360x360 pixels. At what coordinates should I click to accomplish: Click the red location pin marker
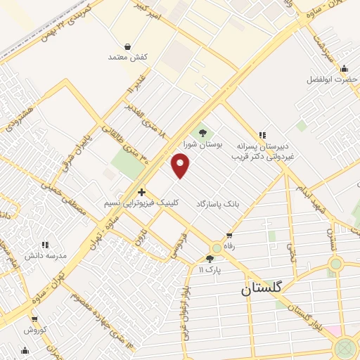(x=181, y=166)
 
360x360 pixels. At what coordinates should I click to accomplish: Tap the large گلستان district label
(x=261, y=288)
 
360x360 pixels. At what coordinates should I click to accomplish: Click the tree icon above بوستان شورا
(x=202, y=133)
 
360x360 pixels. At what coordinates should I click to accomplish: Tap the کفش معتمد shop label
(x=127, y=56)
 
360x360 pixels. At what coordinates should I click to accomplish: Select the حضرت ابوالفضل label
(x=333, y=79)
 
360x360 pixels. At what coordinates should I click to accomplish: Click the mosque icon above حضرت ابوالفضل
(x=344, y=68)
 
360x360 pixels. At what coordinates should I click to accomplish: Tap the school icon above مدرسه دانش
(x=46, y=244)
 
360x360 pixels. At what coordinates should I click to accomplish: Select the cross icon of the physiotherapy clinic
(x=141, y=191)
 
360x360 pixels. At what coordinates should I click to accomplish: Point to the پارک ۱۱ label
(x=210, y=270)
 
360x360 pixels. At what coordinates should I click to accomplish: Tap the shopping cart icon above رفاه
(x=229, y=236)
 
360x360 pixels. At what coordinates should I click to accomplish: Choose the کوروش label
(x=34, y=330)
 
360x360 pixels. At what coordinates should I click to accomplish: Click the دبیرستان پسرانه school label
(x=262, y=148)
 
